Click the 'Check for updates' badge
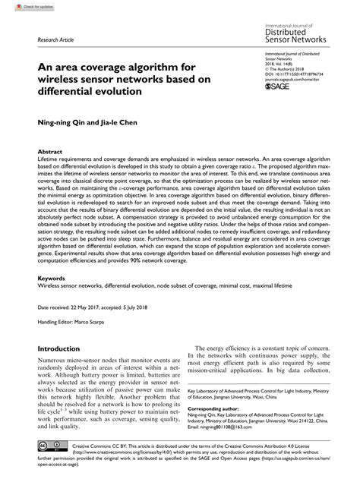click(21, 6)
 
